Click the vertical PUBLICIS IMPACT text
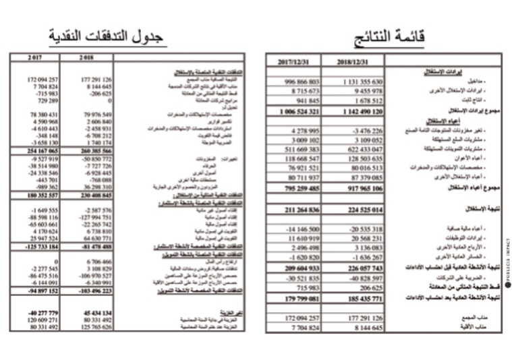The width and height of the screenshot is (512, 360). [x=507, y=263]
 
